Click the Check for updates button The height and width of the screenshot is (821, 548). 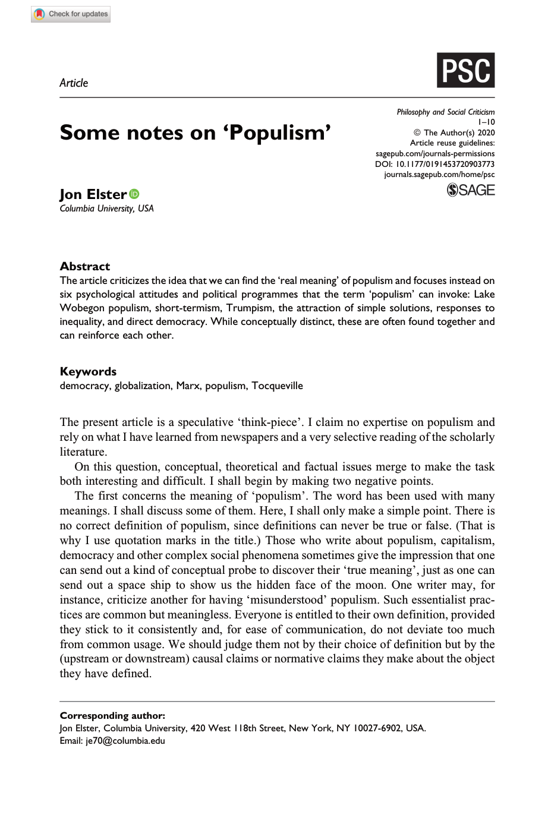(x=71, y=14)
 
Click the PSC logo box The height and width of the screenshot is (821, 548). (x=465, y=71)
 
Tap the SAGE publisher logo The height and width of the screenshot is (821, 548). (x=470, y=190)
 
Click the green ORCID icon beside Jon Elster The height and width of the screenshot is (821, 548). (x=134, y=194)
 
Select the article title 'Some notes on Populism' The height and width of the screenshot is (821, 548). (x=195, y=132)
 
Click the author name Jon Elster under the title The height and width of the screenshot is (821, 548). (x=93, y=194)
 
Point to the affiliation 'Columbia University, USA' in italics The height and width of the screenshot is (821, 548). (x=106, y=209)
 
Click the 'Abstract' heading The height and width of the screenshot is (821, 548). (x=85, y=266)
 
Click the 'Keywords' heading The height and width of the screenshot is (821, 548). (x=88, y=371)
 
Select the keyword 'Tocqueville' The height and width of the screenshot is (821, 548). (x=277, y=386)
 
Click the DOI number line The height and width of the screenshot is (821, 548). (x=434, y=164)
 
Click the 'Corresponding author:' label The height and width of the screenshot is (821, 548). (x=112, y=715)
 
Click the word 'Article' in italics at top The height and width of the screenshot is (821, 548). (x=74, y=83)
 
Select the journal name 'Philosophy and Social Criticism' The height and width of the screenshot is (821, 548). (x=445, y=112)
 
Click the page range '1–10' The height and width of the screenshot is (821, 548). (x=486, y=122)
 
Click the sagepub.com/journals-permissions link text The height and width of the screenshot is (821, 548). (x=434, y=153)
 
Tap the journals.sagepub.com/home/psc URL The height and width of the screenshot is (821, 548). (x=439, y=175)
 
